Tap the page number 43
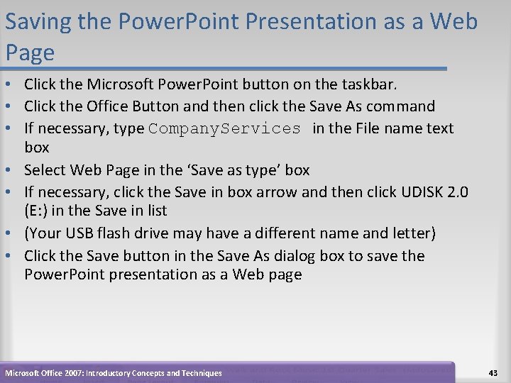point(493,373)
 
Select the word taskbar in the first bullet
point(370,84)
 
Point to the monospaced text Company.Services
point(225,128)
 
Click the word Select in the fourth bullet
point(45,170)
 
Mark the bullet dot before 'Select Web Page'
point(10,170)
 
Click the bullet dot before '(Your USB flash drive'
point(10,233)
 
